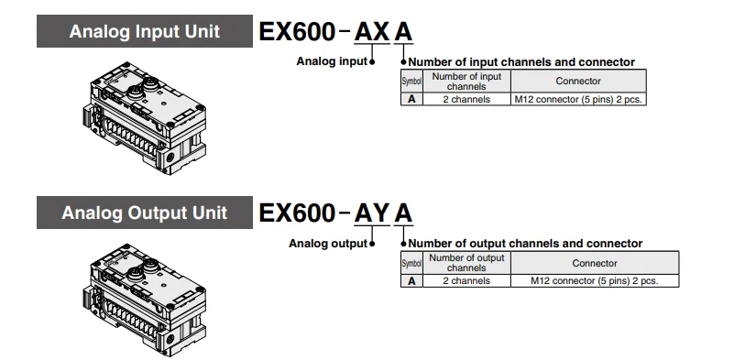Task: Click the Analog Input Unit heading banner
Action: point(145,31)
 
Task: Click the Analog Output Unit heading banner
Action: point(145,213)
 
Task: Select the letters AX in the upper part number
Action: point(372,32)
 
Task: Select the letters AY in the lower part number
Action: point(372,213)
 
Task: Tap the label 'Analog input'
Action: point(332,61)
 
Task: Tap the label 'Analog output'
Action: point(328,244)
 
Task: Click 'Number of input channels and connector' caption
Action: point(521,61)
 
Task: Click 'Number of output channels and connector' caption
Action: point(525,244)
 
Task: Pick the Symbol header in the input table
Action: point(412,81)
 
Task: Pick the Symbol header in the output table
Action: point(412,263)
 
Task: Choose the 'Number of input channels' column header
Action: point(466,81)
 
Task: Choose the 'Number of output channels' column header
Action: point(466,263)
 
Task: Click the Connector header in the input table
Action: point(578,81)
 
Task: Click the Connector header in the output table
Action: point(595,263)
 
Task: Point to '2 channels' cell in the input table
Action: point(466,99)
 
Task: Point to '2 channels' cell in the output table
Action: point(466,281)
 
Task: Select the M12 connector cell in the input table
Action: point(578,99)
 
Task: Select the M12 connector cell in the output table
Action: point(595,281)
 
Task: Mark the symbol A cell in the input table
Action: point(412,99)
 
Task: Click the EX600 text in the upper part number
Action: point(297,32)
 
